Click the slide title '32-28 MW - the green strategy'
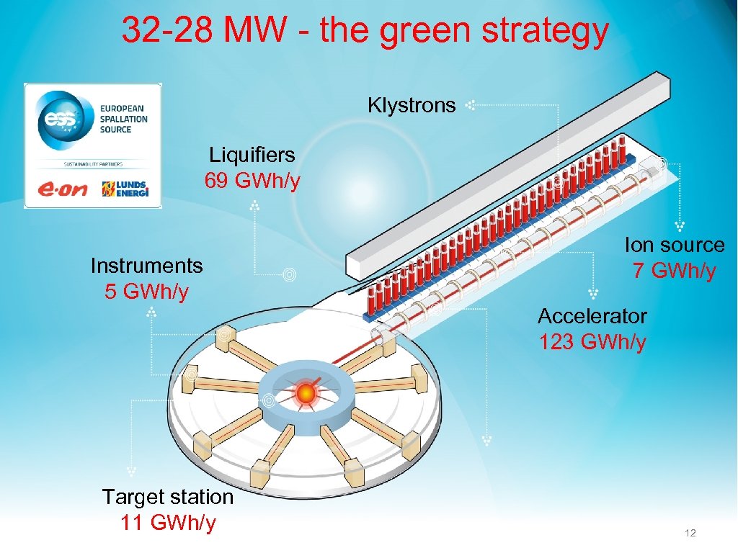click(x=365, y=31)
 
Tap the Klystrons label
click(x=412, y=106)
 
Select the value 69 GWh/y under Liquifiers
click(x=252, y=181)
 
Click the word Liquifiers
click(x=252, y=155)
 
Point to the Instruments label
click(x=147, y=266)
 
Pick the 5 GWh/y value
click(x=147, y=292)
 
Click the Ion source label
click(x=675, y=245)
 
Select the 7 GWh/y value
click(x=675, y=271)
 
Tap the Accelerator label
click(x=592, y=316)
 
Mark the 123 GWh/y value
click(x=592, y=342)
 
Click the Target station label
click(x=168, y=497)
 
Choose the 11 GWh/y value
click(x=168, y=523)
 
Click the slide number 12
click(x=690, y=533)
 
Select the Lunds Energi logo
click(x=125, y=189)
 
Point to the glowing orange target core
click(x=306, y=392)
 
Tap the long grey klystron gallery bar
click(x=504, y=173)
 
